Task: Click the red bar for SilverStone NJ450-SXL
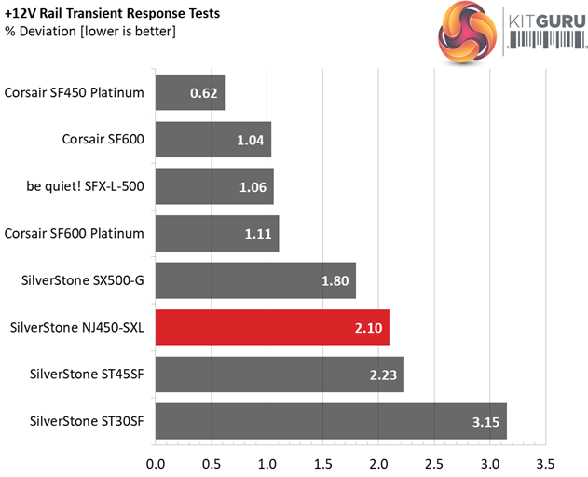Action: (272, 327)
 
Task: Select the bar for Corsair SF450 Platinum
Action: (190, 92)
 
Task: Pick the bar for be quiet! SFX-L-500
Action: (214, 186)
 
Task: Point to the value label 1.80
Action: (330, 280)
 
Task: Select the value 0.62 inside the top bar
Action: (204, 93)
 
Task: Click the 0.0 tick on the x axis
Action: (156, 462)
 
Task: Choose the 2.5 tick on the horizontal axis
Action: (434, 462)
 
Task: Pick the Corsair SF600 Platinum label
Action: (75, 233)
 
